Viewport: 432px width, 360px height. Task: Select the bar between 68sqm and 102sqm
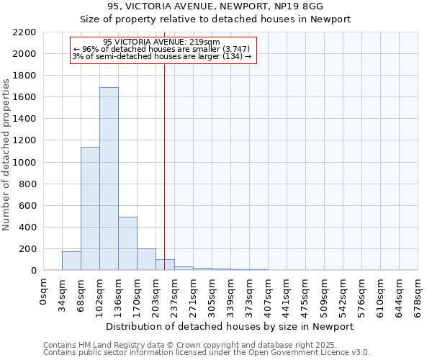90,209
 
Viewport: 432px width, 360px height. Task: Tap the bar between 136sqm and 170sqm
127,243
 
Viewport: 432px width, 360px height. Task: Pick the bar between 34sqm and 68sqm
71,261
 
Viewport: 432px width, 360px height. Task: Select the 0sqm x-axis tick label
44,291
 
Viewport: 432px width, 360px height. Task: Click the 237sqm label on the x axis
175,296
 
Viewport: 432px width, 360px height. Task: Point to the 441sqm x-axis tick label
287,296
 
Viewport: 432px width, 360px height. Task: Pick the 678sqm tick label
418,296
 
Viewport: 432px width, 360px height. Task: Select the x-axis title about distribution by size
230,326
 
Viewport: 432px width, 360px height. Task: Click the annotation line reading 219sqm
161,42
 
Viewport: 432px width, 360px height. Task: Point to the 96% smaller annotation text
161,49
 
